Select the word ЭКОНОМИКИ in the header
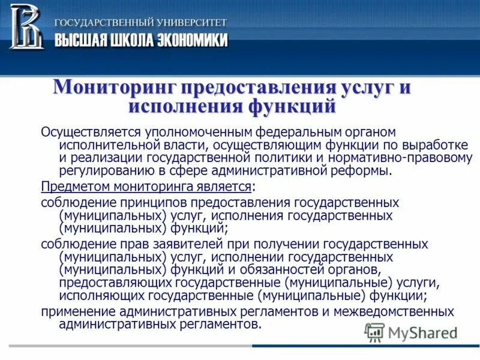pyautogui.click(x=190, y=40)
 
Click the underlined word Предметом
pyautogui.click(x=71, y=186)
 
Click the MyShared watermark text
pyautogui.click(x=423, y=332)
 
